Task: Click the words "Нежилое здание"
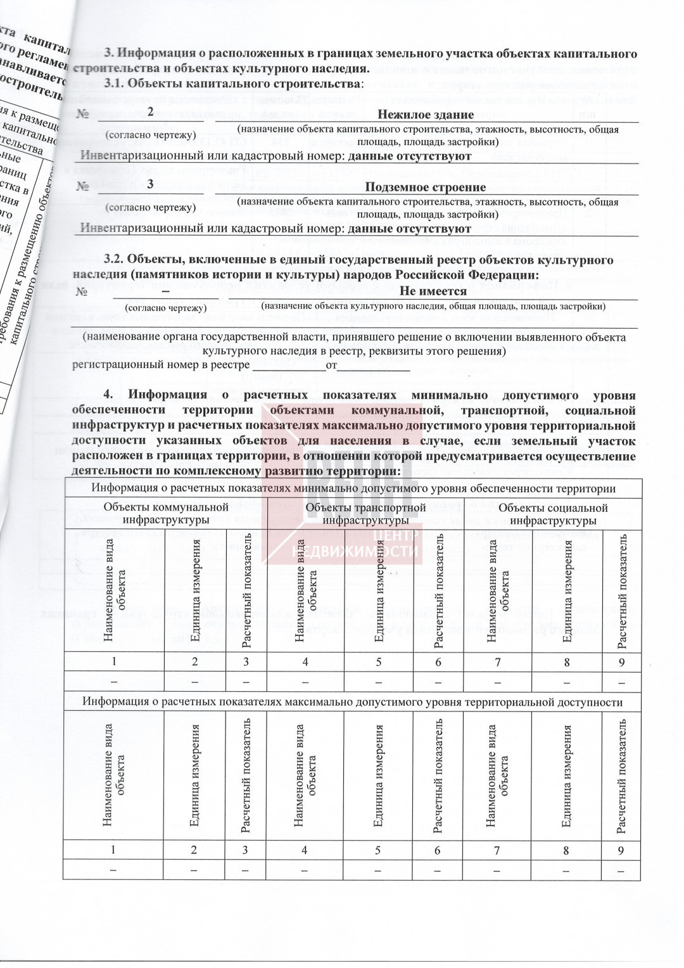(x=426, y=115)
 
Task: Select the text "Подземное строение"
(x=426, y=188)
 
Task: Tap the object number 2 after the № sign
(x=150, y=112)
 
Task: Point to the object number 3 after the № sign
(x=150, y=184)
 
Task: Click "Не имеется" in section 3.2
(x=433, y=291)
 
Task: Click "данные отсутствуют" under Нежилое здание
(x=410, y=156)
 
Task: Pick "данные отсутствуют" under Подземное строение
(x=410, y=229)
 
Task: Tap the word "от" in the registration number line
(x=331, y=366)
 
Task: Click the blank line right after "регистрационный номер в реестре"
(x=289, y=366)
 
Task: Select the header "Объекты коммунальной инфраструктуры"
(x=166, y=514)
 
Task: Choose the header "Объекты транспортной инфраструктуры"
(x=365, y=514)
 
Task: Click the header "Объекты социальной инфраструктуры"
(x=553, y=514)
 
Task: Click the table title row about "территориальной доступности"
(x=353, y=702)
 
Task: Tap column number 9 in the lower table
(x=621, y=850)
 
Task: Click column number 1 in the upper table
(x=114, y=662)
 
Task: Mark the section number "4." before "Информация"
(x=110, y=396)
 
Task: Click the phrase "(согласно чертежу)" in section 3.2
(x=166, y=308)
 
